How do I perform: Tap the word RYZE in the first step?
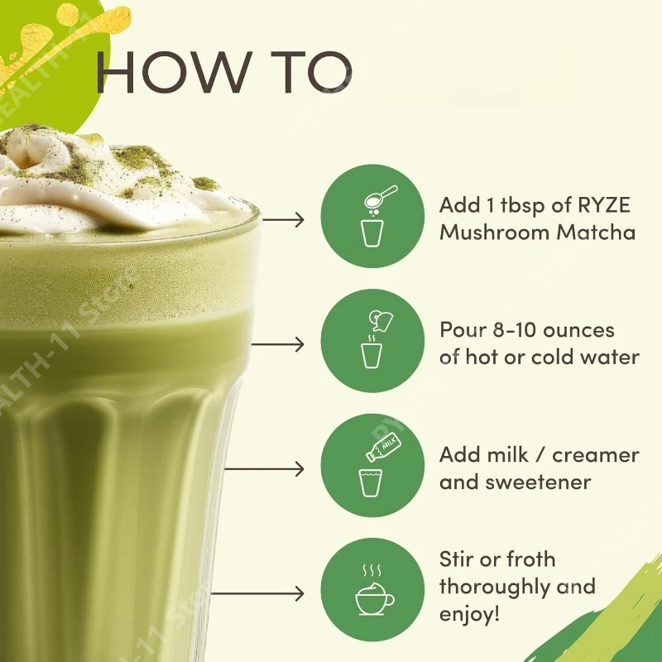tap(604, 205)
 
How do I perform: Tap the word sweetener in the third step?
tap(538, 482)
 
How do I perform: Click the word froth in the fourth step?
tap(530, 559)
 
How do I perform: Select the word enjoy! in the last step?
tap(469, 614)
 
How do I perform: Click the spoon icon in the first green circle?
tap(381, 197)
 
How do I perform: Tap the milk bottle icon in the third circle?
tap(383, 447)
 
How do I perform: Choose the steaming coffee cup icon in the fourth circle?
tap(374, 590)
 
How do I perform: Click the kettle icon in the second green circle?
tap(381, 320)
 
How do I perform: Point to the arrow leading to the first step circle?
tap(283, 219)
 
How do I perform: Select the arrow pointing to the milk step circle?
tap(264, 468)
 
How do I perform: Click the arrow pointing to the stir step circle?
tap(257, 593)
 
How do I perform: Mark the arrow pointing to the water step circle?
tap(278, 344)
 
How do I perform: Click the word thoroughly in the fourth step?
tap(494, 587)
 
